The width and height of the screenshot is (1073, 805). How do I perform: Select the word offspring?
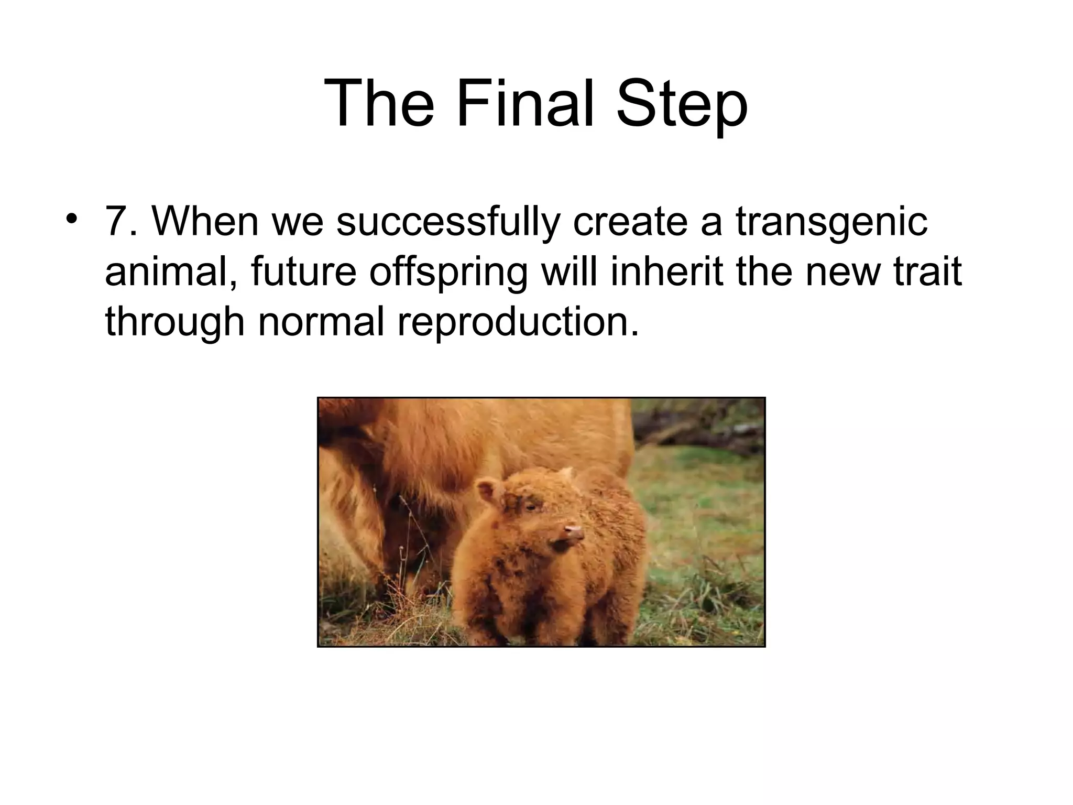point(448,273)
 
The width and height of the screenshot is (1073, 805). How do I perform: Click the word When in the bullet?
point(205,221)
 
